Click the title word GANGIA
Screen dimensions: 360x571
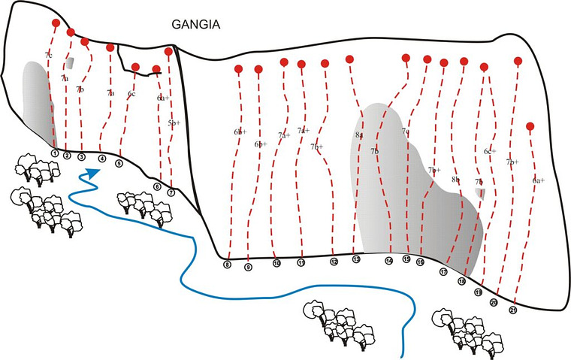[x=195, y=24]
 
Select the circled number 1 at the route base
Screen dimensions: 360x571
[x=55, y=153]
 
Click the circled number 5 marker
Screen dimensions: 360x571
[x=119, y=162]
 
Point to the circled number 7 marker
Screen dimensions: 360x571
[x=171, y=192]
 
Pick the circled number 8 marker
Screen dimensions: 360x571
[x=228, y=264]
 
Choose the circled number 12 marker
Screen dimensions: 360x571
[x=334, y=262]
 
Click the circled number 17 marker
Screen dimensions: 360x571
[x=444, y=272]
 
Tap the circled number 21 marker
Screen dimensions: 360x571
[x=513, y=309]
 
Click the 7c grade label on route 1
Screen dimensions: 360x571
[x=49, y=56]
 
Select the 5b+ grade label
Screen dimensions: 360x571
[x=174, y=123]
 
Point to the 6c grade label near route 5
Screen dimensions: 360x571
[x=131, y=94]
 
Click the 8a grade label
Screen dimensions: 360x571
[x=358, y=135]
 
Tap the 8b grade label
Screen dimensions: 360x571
[x=455, y=180]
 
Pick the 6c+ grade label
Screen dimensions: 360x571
[x=490, y=152]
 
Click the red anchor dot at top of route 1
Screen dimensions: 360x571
[x=56, y=23]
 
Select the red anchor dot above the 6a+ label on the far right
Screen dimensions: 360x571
[x=530, y=126]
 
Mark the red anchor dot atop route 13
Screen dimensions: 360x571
[x=350, y=59]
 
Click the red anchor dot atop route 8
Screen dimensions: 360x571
[x=238, y=69]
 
